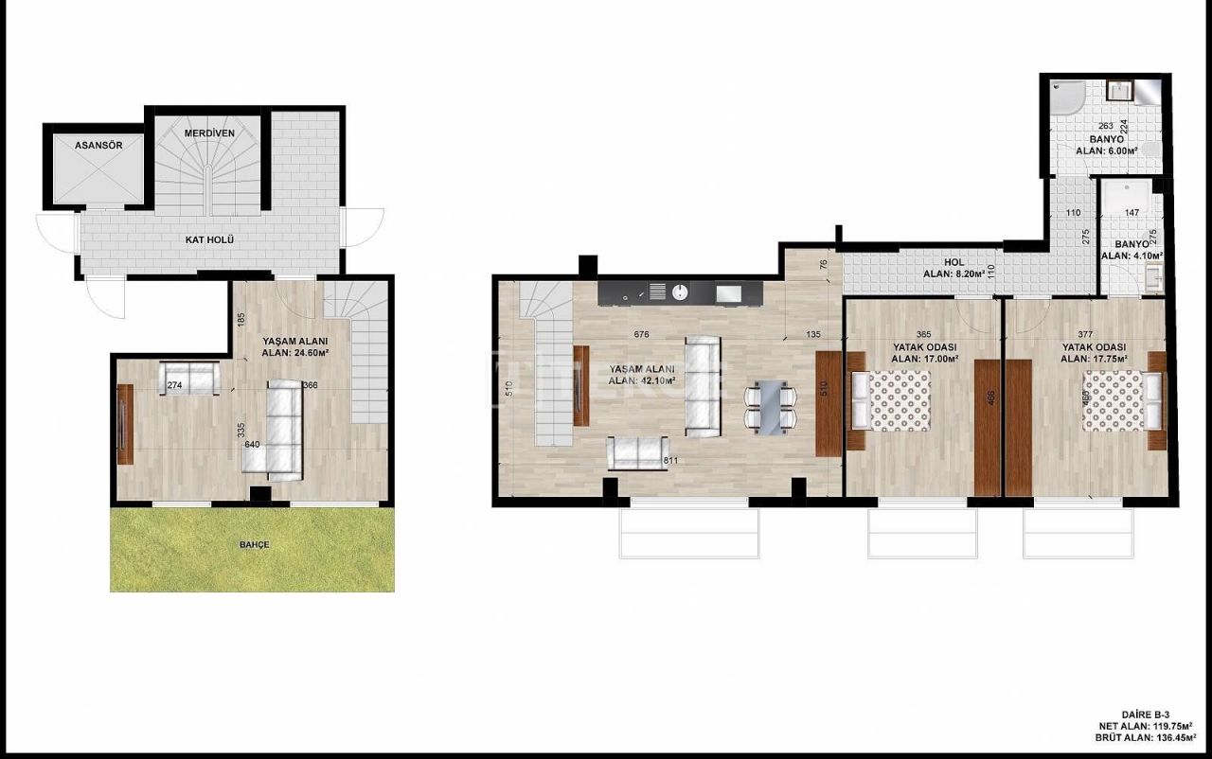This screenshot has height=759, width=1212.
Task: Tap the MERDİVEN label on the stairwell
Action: click(209, 133)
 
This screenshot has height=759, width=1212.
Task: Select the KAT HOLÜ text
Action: click(209, 240)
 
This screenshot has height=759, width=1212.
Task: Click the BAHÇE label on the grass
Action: click(254, 545)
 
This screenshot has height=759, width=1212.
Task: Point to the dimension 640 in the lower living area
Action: click(251, 443)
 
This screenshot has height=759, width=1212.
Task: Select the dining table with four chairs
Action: click(769, 406)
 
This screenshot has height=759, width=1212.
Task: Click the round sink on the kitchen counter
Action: click(680, 291)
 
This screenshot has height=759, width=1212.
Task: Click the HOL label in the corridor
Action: click(954, 263)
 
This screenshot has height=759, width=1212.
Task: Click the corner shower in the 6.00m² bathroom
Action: click(1067, 97)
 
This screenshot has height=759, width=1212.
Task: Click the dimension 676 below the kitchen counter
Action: click(641, 333)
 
